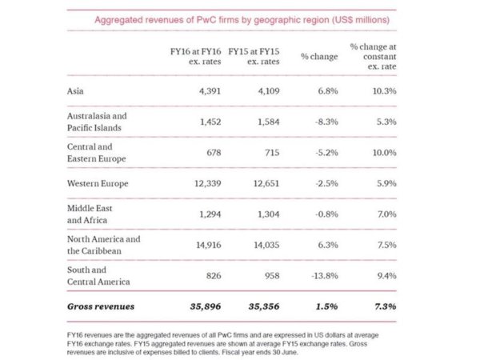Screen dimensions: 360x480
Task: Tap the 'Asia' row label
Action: click(77, 91)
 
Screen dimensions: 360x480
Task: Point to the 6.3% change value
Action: click(326, 246)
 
